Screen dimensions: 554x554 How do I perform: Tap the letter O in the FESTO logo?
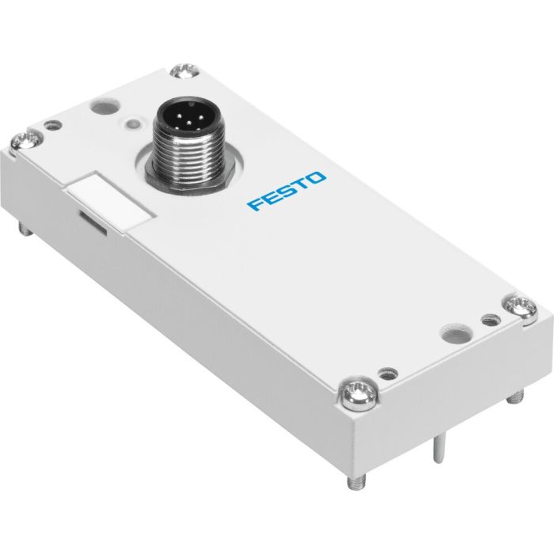pos(316,179)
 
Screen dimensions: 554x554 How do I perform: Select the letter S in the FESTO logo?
pos(286,192)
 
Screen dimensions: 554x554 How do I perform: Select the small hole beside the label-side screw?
pos(53,124)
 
